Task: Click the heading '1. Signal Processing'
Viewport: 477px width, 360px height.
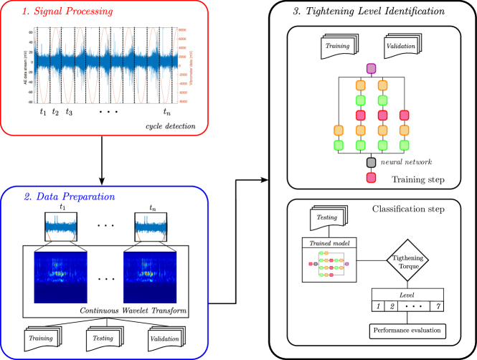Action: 67,12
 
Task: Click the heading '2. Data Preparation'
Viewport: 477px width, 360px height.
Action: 70,196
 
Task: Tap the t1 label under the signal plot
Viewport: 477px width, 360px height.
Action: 43,112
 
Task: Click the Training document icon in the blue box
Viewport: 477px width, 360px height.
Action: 42,338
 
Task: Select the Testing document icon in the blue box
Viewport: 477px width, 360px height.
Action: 104,338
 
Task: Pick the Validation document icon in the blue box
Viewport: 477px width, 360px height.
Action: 166,338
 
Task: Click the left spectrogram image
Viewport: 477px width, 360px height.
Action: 60,276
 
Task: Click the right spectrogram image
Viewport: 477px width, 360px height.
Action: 150,276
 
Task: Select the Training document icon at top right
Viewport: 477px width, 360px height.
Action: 339,47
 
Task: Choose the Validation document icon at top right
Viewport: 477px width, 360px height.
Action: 402,47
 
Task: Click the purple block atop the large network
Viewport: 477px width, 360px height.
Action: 371,69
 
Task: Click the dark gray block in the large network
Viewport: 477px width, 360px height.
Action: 371,163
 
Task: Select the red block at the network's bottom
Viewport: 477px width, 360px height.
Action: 371,177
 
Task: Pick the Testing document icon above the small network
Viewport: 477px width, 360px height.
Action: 328,218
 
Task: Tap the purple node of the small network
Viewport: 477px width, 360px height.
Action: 347,264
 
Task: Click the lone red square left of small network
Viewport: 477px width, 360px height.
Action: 311,264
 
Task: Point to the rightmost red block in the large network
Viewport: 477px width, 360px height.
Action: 404,115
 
